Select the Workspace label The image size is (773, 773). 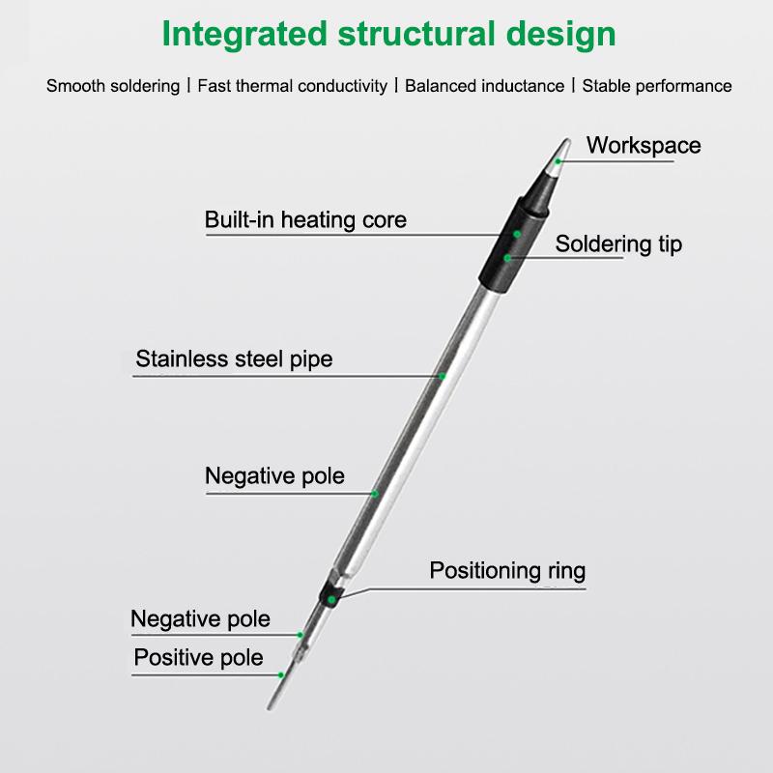click(644, 146)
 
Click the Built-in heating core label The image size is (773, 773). click(305, 219)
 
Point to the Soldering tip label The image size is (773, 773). click(618, 244)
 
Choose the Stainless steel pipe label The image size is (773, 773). click(234, 359)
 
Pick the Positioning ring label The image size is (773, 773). click(507, 570)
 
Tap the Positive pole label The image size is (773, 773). click(198, 658)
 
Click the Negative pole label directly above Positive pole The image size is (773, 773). click(200, 618)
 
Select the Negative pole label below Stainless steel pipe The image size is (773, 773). click(274, 476)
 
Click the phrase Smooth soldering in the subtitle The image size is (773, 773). click(113, 86)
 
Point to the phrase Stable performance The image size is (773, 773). click(657, 86)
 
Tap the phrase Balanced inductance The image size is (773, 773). click(484, 86)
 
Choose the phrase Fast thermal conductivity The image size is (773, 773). click(292, 86)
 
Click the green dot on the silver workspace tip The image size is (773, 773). click(558, 161)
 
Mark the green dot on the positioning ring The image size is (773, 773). click(331, 599)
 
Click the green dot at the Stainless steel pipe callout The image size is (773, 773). click(443, 376)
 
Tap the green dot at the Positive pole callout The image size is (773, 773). click(281, 673)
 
